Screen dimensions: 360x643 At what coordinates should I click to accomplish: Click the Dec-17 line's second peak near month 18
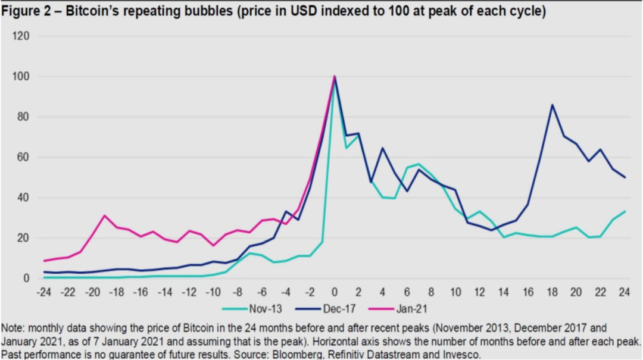553,105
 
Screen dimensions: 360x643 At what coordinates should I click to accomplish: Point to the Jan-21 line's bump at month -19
104,215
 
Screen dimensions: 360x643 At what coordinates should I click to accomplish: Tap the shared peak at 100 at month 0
335,77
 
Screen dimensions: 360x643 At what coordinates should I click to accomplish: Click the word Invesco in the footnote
459,354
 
